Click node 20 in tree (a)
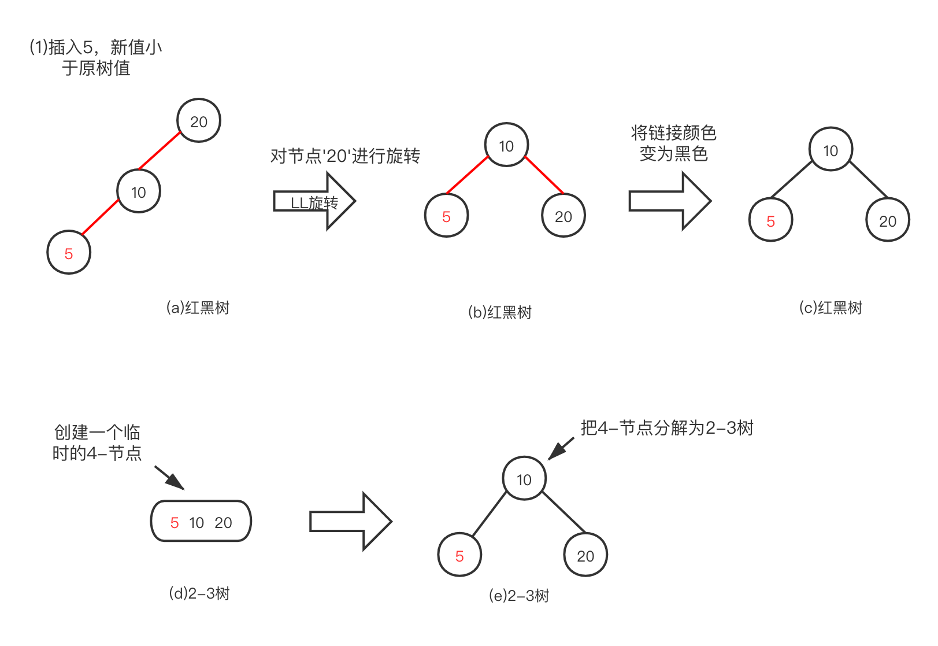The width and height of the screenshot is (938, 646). coord(198,121)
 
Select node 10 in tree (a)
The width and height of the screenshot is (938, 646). coord(138,192)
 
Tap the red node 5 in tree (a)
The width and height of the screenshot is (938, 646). coord(69,253)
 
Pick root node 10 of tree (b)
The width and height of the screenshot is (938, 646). coord(506,146)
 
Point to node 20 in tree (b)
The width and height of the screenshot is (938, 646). coord(563,216)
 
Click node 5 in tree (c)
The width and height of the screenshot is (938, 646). coord(770,221)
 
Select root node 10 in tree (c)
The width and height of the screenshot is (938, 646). coord(831,150)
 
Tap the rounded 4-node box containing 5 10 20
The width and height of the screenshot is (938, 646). coord(201,522)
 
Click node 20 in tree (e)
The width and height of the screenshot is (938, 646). coord(585,556)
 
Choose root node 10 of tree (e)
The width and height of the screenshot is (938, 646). coord(524,479)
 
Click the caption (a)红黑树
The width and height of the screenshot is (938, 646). coord(198,308)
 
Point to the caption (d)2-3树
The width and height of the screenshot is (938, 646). coord(199,593)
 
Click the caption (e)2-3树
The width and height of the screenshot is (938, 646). coord(518,596)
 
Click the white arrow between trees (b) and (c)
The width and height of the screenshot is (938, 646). coord(669,201)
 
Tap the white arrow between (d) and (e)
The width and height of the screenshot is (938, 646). coord(350,521)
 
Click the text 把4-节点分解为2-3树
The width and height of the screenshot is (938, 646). coord(667,428)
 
